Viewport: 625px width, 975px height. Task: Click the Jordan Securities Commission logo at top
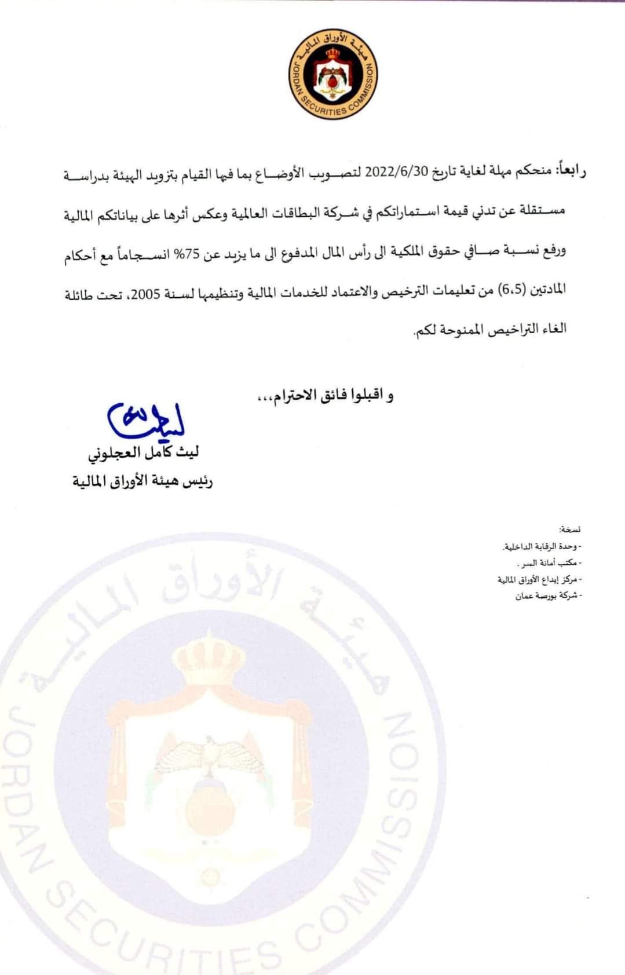pos(332,75)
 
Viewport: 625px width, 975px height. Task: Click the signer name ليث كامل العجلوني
pos(143,452)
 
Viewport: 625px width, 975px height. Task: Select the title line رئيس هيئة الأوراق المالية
pos(142,481)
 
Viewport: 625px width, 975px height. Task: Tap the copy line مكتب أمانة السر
pos(548,563)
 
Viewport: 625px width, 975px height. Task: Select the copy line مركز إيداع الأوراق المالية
pos(539,579)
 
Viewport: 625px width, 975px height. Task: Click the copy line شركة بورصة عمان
pos(547,596)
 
